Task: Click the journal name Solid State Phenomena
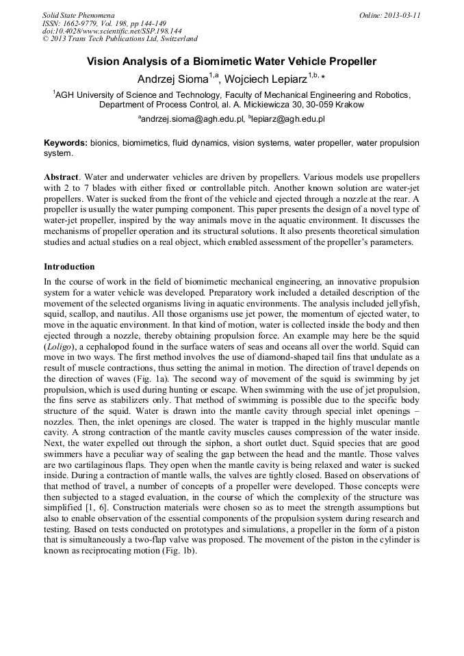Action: [78, 15]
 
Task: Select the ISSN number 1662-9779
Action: [82, 23]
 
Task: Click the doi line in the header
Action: [112, 31]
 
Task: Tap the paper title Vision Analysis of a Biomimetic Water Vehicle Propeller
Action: [231, 62]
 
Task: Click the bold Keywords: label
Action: [66, 143]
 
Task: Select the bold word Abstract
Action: [61, 176]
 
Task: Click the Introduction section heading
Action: [69, 267]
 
